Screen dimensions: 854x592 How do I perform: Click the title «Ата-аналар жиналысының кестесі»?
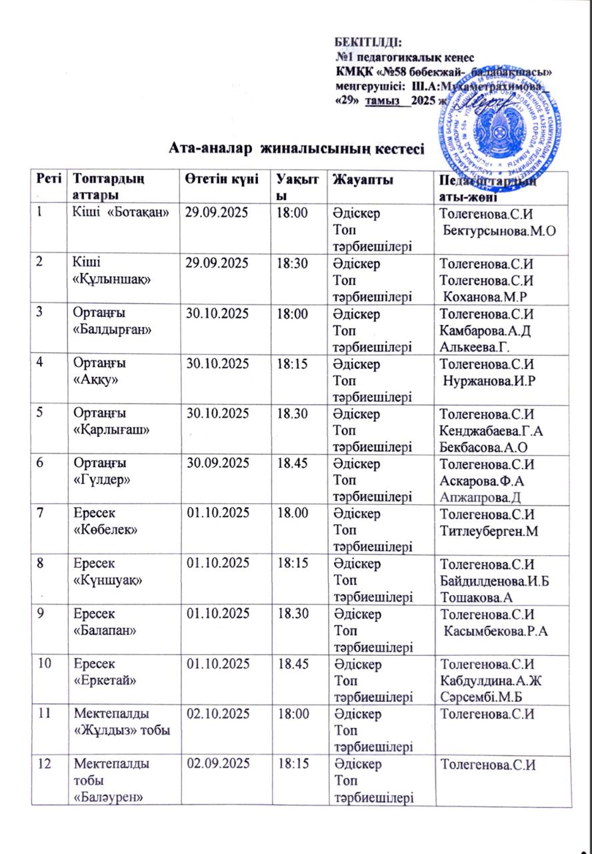point(297,147)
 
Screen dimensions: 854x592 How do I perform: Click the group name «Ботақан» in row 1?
point(145,213)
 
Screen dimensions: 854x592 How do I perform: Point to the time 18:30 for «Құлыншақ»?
point(291,264)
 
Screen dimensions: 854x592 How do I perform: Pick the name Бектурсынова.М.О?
point(500,230)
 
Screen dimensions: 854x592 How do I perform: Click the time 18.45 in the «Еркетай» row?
point(291,665)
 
